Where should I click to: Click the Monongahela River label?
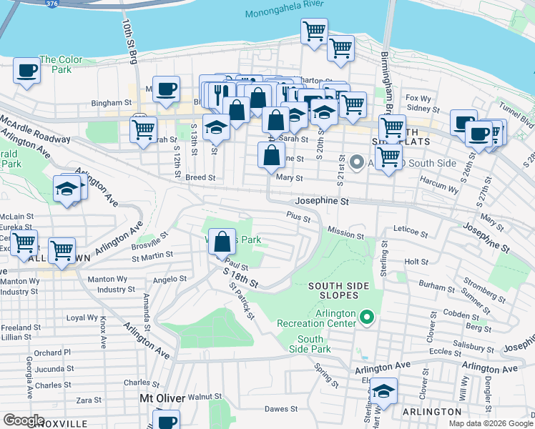284,14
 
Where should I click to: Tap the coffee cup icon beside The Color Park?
27,71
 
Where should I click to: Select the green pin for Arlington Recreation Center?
367,315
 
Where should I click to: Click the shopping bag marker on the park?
223,242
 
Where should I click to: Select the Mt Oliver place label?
162,398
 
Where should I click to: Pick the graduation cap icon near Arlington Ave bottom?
383,391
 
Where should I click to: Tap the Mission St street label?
345,233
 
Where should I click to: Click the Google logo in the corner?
24,420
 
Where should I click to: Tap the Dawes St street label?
280,409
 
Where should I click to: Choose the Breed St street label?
200,177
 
